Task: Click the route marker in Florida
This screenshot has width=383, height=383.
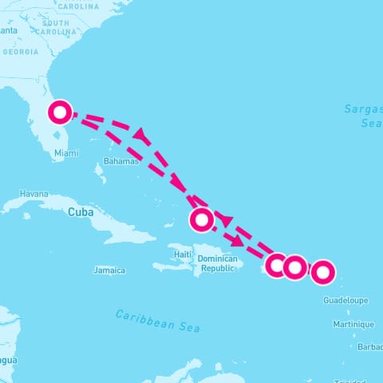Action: coord(60,113)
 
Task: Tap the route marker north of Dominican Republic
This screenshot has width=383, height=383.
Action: coord(202,218)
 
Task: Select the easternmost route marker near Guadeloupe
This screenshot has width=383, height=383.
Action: coord(322,272)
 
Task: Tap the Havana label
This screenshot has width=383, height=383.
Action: coord(34,194)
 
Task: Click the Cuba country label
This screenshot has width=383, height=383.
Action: coord(81,212)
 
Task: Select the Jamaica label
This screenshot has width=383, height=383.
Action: coord(109,270)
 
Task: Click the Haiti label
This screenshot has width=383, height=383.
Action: coord(184,255)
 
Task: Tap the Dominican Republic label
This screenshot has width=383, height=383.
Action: coord(217,263)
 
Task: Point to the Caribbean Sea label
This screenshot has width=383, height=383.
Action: coord(157,320)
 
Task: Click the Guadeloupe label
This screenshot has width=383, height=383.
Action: coord(345,300)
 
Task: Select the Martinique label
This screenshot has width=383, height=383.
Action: coord(353,324)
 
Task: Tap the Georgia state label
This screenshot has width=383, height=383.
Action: coord(20,52)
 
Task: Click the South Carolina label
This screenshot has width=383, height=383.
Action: coord(61,27)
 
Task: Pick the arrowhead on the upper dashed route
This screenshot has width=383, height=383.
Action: coord(141,136)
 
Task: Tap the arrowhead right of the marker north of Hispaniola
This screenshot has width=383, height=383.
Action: coord(227,219)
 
